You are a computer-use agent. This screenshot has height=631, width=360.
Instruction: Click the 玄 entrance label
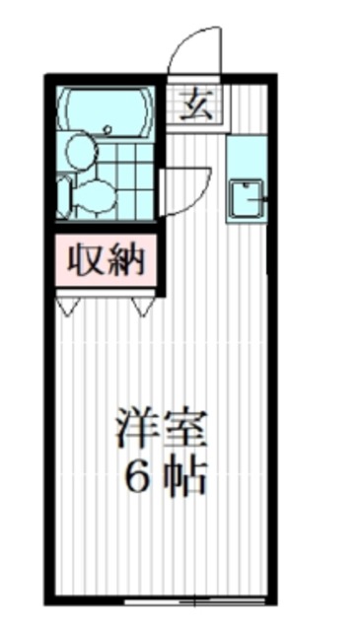(x=201, y=103)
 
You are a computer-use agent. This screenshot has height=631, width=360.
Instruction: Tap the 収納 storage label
(x=106, y=260)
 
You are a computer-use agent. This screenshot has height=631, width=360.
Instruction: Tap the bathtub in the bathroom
(x=104, y=110)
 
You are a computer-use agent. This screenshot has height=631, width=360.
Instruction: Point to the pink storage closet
(x=106, y=260)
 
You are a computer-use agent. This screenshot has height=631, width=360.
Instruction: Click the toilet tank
(x=64, y=195)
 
